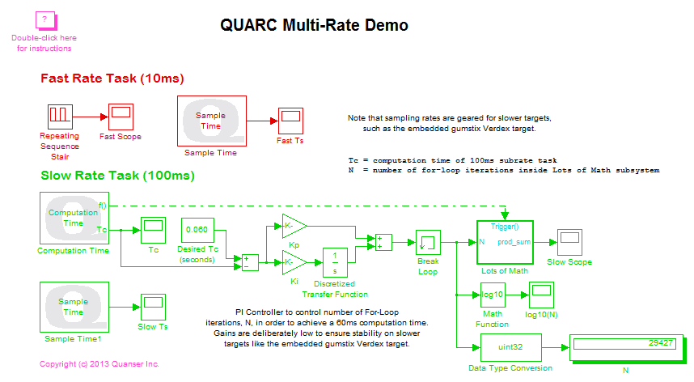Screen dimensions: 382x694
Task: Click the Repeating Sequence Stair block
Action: tap(60, 116)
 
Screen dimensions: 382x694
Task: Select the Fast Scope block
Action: tap(121, 116)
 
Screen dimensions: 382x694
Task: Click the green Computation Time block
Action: tap(74, 218)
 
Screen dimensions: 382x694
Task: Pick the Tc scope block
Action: tap(153, 230)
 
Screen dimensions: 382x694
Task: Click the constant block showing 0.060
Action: tap(198, 230)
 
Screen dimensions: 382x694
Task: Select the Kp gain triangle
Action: tap(293, 224)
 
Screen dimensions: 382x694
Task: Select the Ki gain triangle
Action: tap(293, 261)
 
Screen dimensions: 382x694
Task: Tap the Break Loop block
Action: tap(428, 242)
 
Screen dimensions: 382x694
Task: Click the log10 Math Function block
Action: tap(492, 296)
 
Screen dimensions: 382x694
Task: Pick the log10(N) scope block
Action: tap(542, 295)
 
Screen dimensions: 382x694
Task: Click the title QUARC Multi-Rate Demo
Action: tap(315, 25)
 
